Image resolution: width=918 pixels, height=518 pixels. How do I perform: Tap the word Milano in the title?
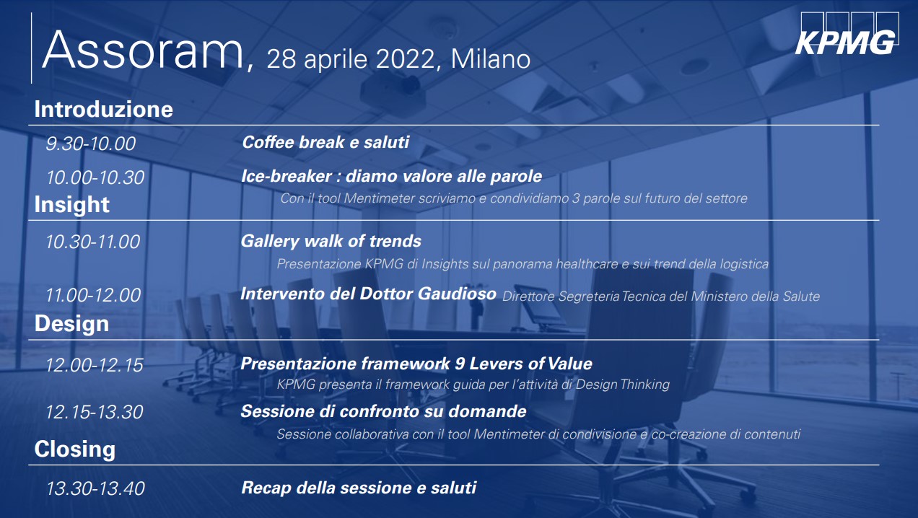pyautogui.click(x=491, y=59)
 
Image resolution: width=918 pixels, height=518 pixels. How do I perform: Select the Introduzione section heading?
pyautogui.click(x=104, y=109)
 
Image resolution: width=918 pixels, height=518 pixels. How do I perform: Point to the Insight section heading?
pyautogui.click(x=72, y=204)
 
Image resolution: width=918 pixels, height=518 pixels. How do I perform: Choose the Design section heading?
pyautogui.click(x=72, y=323)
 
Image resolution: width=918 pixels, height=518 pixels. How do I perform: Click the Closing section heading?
pyautogui.click(x=75, y=449)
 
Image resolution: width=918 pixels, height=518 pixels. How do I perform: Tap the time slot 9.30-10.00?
pyautogui.click(x=90, y=144)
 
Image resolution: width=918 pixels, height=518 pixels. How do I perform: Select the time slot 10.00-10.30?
pyautogui.click(x=95, y=177)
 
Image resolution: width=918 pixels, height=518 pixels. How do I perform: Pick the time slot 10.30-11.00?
pyautogui.click(x=92, y=242)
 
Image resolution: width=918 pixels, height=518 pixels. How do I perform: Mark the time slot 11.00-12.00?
pyautogui.click(x=92, y=295)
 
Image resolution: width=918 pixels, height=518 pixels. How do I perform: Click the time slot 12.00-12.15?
pyautogui.click(x=94, y=365)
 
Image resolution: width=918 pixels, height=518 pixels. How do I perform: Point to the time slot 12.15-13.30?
pyautogui.click(x=94, y=412)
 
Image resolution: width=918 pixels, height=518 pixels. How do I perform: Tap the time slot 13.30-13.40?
pyautogui.click(x=95, y=488)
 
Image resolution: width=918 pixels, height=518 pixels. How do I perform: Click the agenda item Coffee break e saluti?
pyautogui.click(x=325, y=142)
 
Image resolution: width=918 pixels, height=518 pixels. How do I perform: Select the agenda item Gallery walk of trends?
pyautogui.click(x=331, y=241)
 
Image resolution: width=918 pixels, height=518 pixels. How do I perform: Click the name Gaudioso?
pyautogui.click(x=457, y=294)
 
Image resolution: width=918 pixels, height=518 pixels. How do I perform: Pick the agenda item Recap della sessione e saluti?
pyautogui.click(x=359, y=488)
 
